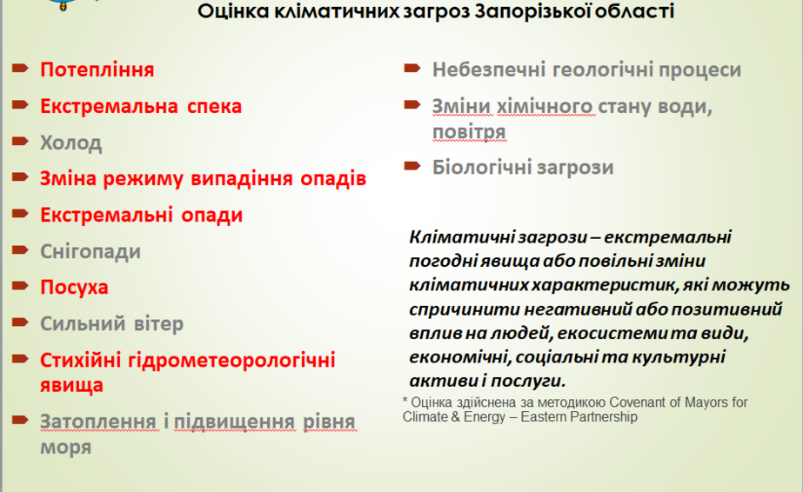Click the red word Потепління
click(x=97, y=70)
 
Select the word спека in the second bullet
click(x=214, y=106)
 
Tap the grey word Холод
click(x=71, y=143)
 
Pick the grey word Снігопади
click(x=90, y=251)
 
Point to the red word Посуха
click(x=74, y=288)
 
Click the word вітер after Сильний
click(x=157, y=323)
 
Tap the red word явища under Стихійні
click(x=71, y=385)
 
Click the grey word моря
click(x=65, y=448)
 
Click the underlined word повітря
click(x=469, y=132)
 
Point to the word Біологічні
click(x=478, y=167)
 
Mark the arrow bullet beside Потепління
click(x=20, y=68)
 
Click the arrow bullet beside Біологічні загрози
click(x=412, y=166)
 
